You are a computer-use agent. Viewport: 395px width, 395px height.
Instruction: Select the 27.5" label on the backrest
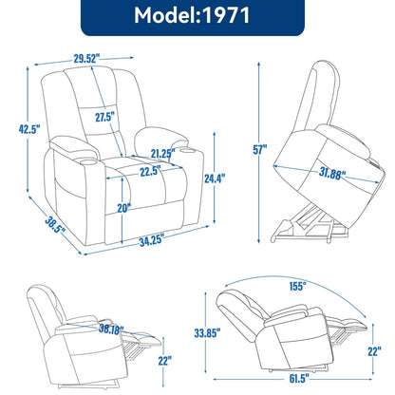(103, 117)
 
